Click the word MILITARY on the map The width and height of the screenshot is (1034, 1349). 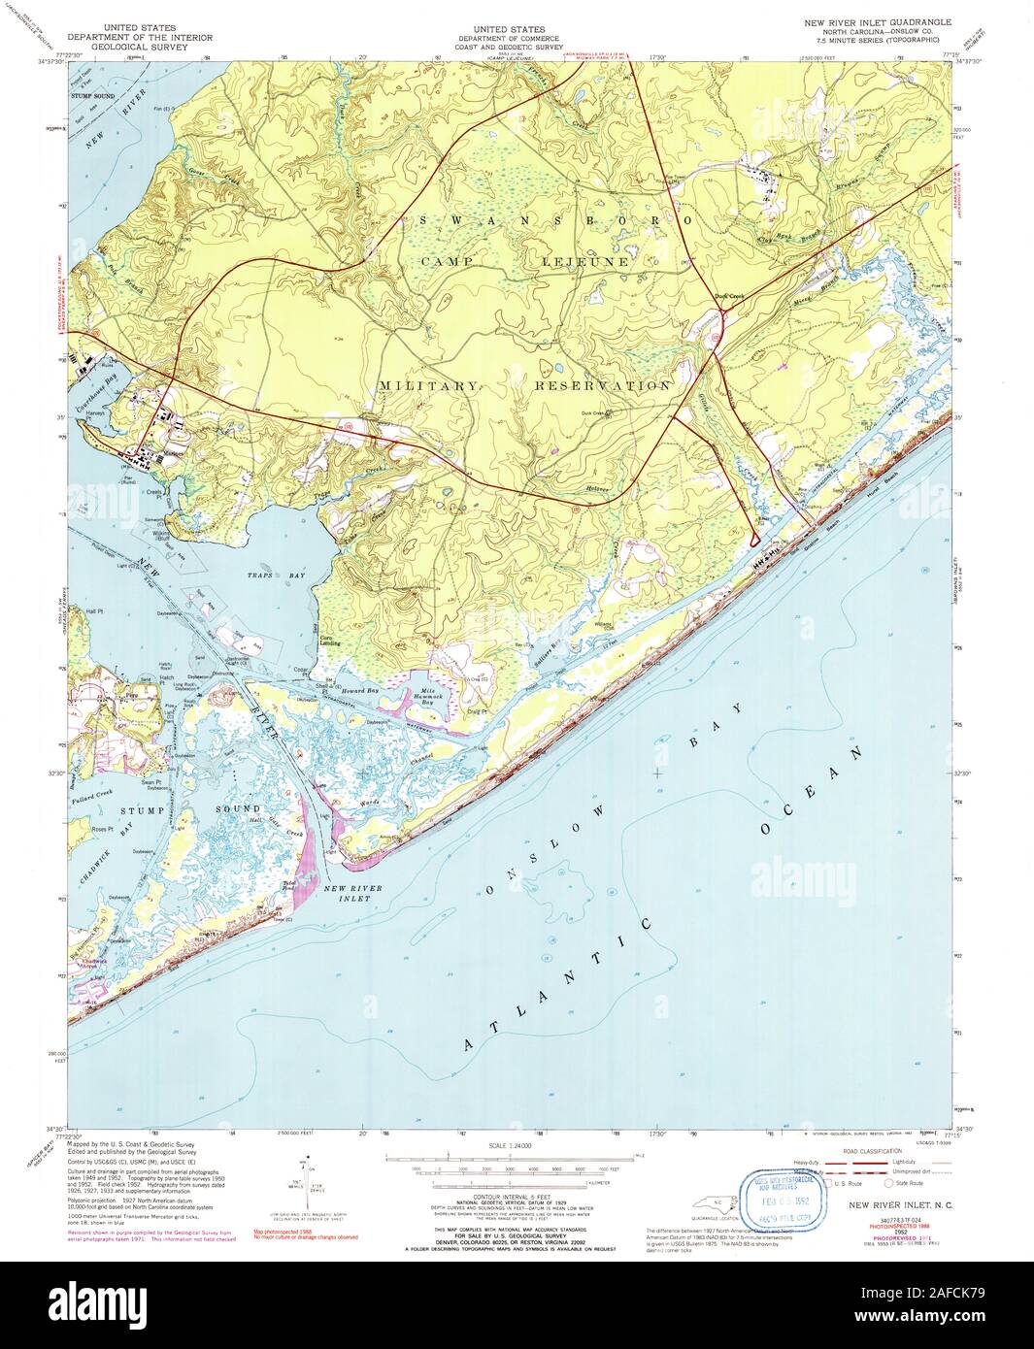coord(428,385)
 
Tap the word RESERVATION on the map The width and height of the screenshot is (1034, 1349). coord(602,385)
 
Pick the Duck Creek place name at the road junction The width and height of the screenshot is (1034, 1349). coord(728,298)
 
